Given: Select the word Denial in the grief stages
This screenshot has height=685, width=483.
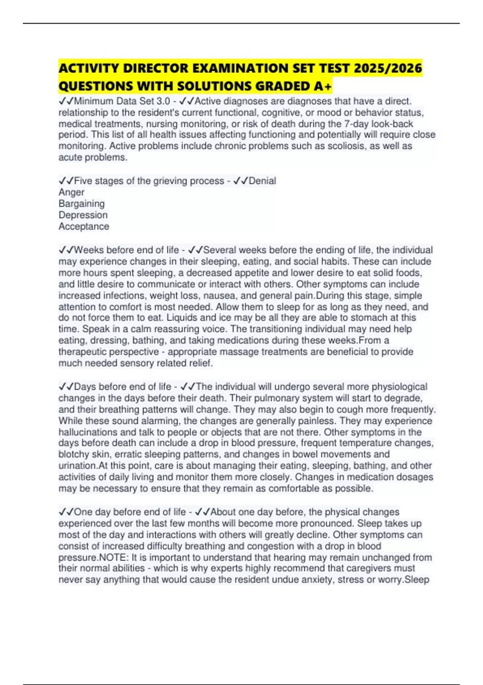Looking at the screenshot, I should point(262,181).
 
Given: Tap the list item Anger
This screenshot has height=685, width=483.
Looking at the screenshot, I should point(72,192).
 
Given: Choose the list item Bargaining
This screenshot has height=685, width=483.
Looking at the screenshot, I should point(82,203).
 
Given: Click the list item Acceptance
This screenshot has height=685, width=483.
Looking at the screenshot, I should point(84,226).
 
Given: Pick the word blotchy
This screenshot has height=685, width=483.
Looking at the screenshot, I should point(74,455).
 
